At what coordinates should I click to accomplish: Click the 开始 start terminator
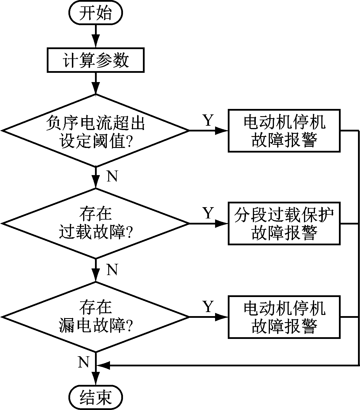(96, 13)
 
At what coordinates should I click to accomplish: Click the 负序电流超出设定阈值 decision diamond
(96, 131)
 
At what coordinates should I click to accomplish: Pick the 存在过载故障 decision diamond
(96, 223)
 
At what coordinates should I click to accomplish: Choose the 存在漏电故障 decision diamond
(96, 317)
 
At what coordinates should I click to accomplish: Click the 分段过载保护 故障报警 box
(284, 224)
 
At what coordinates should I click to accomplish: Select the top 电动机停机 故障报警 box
(284, 131)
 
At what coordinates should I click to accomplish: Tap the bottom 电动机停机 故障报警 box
(284, 317)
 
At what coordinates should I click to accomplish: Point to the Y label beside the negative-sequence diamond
(208, 120)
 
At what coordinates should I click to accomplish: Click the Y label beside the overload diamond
(208, 213)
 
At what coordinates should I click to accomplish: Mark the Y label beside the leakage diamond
(208, 307)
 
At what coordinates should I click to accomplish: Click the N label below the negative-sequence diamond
(112, 176)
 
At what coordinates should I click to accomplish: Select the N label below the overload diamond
(112, 270)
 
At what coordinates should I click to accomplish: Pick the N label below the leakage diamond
(84, 362)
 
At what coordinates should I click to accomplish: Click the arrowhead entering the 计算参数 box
(96, 41)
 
